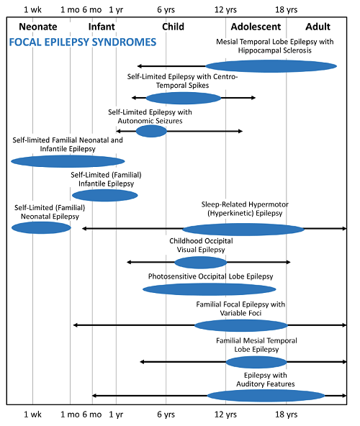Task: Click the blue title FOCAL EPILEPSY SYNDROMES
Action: (83, 42)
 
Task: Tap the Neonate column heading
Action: (38, 27)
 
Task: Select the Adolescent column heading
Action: (256, 27)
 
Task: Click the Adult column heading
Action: (318, 27)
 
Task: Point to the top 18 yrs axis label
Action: (286, 10)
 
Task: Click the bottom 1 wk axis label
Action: (32, 414)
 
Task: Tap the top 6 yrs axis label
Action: (166, 10)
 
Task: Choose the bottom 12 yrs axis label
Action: (225, 414)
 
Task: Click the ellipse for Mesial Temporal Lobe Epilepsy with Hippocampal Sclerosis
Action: (271, 66)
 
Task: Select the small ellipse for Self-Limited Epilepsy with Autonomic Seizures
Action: (151, 131)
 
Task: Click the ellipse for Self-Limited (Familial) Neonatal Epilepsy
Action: (41, 227)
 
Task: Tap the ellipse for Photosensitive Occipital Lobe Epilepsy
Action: (210, 289)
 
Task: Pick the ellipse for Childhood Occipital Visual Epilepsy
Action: (201, 263)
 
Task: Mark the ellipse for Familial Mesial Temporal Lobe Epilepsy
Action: (256, 363)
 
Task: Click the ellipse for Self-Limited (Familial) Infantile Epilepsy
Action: (105, 195)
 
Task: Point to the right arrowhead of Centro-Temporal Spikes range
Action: (253, 98)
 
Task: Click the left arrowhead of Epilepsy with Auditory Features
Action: (94, 396)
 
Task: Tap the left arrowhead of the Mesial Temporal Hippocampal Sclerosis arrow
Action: (139, 66)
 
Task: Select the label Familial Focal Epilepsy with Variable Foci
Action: (240, 309)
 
